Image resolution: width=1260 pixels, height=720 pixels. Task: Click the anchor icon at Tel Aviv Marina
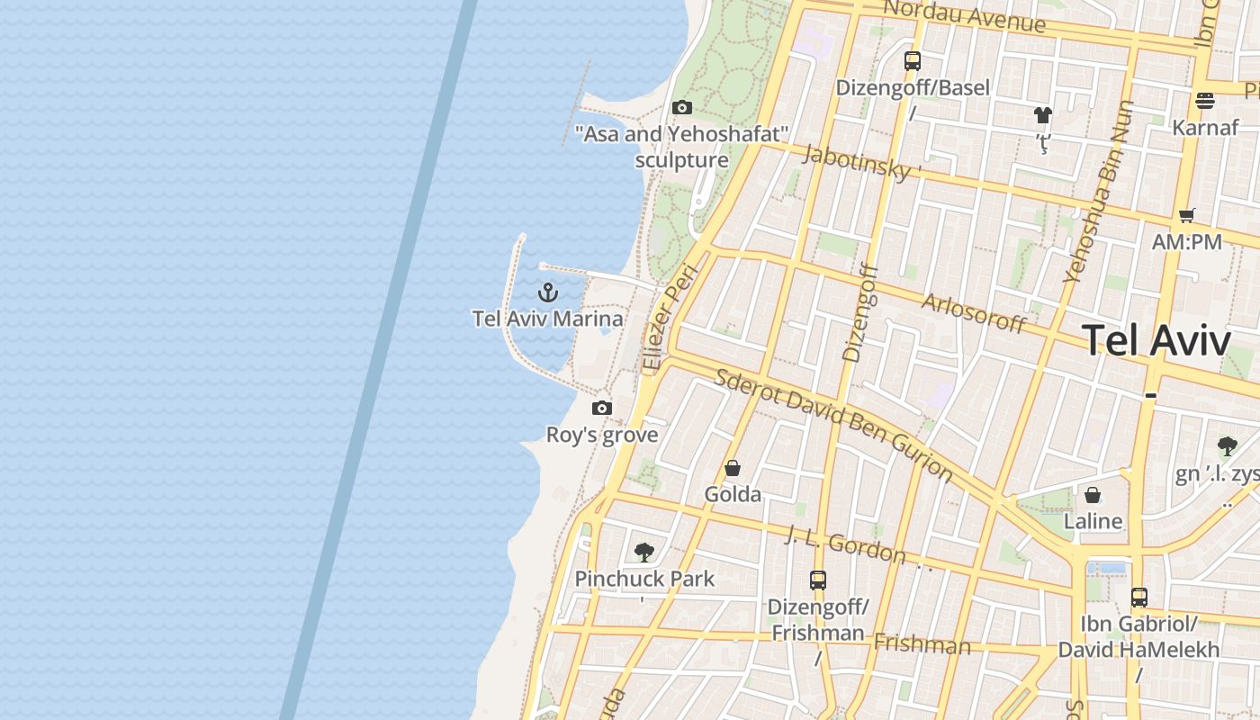pyautogui.click(x=547, y=292)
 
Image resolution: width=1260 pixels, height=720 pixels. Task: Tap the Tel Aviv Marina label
pyautogui.click(x=547, y=319)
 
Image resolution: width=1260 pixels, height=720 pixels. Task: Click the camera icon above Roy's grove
pyautogui.click(x=602, y=409)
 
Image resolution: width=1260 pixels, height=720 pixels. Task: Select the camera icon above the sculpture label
pyautogui.click(x=682, y=108)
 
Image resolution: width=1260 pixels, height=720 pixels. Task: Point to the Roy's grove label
pyautogui.click(x=602, y=436)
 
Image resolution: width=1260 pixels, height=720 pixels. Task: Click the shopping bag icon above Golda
pyautogui.click(x=733, y=468)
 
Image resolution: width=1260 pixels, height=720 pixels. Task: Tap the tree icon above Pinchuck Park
pyautogui.click(x=643, y=552)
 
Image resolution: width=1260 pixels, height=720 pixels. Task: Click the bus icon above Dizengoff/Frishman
pyautogui.click(x=817, y=580)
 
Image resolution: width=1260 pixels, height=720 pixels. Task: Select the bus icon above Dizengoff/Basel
pyautogui.click(x=913, y=61)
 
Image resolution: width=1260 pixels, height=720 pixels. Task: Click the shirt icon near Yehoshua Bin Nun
pyautogui.click(x=1043, y=115)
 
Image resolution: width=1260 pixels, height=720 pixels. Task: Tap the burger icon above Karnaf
pyautogui.click(x=1205, y=100)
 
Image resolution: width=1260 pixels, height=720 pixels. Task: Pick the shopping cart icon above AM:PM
pyautogui.click(x=1186, y=215)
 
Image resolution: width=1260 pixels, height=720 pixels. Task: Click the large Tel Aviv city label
pyautogui.click(x=1156, y=341)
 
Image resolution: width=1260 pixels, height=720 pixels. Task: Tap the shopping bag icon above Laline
pyautogui.click(x=1093, y=495)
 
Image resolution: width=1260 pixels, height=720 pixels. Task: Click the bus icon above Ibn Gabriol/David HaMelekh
pyautogui.click(x=1138, y=597)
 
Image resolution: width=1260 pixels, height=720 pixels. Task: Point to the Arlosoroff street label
pyautogui.click(x=973, y=312)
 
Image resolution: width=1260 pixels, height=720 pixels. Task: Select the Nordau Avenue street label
pyautogui.click(x=964, y=16)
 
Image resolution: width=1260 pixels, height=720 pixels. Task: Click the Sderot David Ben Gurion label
pyautogui.click(x=832, y=424)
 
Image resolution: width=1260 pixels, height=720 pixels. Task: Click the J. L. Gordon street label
pyautogui.click(x=844, y=544)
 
